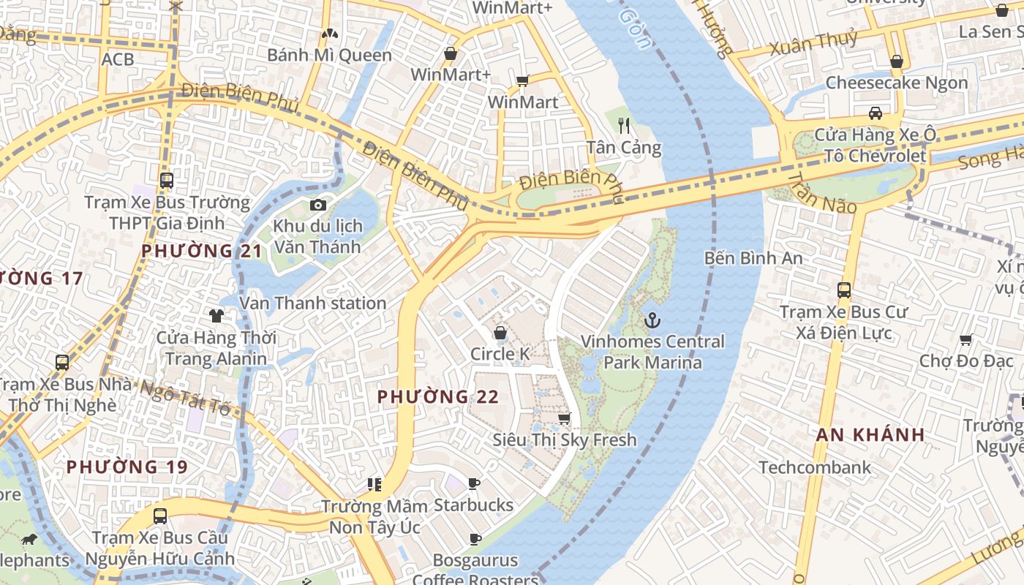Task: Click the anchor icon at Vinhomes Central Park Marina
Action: pyautogui.click(x=651, y=320)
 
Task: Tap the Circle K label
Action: pyautogui.click(x=500, y=354)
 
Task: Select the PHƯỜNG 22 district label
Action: pyautogui.click(x=437, y=397)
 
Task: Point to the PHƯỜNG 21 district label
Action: pyautogui.click(x=201, y=251)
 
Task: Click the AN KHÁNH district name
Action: pyautogui.click(x=870, y=434)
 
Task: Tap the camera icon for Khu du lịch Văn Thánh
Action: pyautogui.click(x=317, y=205)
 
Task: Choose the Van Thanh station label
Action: pyautogui.click(x=312, y=303)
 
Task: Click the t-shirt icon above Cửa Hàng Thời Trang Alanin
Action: pyautogui.click(x=216, y=316)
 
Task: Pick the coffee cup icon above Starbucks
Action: pyautogui.click(x=474, y=483)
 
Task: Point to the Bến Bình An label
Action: pyautogui.click(x=753, y=258)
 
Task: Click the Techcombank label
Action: pyautogui.click(x=815, y=467)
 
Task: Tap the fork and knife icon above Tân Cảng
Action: pyautogui.click(x=624, y=125)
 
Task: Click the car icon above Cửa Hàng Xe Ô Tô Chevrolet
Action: pyautogui.click(x=875, y=113)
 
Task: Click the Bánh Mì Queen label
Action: pyautogui.click(x=329, y=55)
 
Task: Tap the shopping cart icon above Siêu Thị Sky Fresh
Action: pyautogui.click(x=564, y=419)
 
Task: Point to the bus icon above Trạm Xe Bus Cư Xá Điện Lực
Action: pyautogui.click(x=844, y=290)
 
